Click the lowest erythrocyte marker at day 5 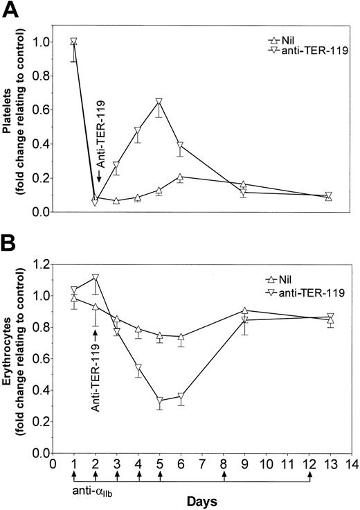click(159, 401)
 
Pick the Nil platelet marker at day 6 click(181, 177)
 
